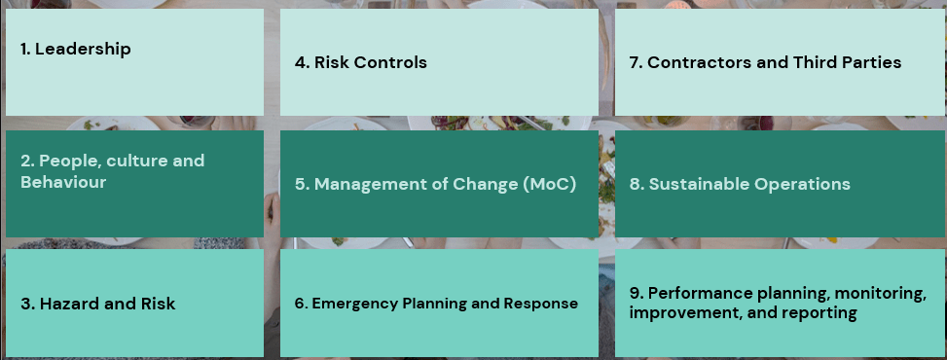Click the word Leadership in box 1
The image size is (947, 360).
pyautogui.click(x=83, y=50)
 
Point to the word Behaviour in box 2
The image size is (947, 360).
pyautogui.click(x=63, y=182)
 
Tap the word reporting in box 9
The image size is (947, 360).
pyautogui.click(x=819, y=313)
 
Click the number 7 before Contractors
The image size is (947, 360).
pyautogui.click(x=636, y=62)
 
